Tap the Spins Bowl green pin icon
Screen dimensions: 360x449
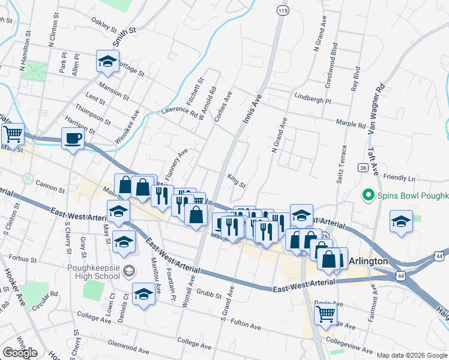click(x=367, y=196)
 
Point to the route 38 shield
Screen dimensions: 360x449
click(x=363, y=168)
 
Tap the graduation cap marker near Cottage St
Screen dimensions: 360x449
click(x=107, y=61)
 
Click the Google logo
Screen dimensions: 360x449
click(x=20, y=353)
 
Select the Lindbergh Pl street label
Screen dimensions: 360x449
click(x=313, y=96)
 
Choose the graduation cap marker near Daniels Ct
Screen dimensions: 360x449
click(x=143, y=294)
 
